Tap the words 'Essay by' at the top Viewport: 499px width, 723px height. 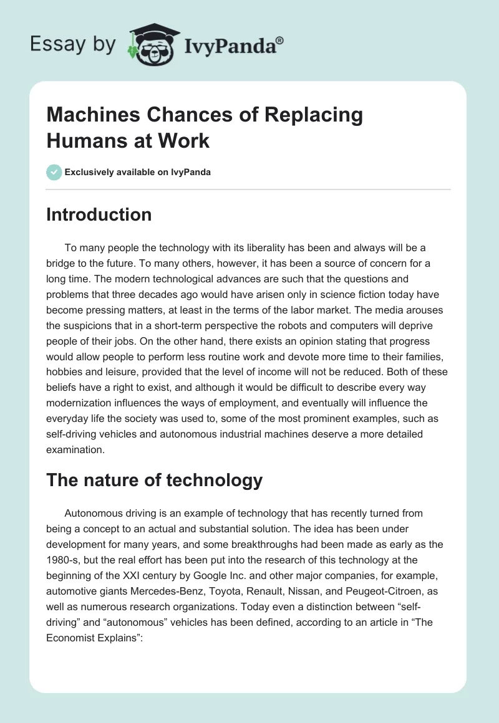(x=73, y=44)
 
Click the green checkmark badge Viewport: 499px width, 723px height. (x=54, y=172)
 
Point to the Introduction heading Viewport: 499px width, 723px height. (x=99, y=215)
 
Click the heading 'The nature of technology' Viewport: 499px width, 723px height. (x=155, y=481)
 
